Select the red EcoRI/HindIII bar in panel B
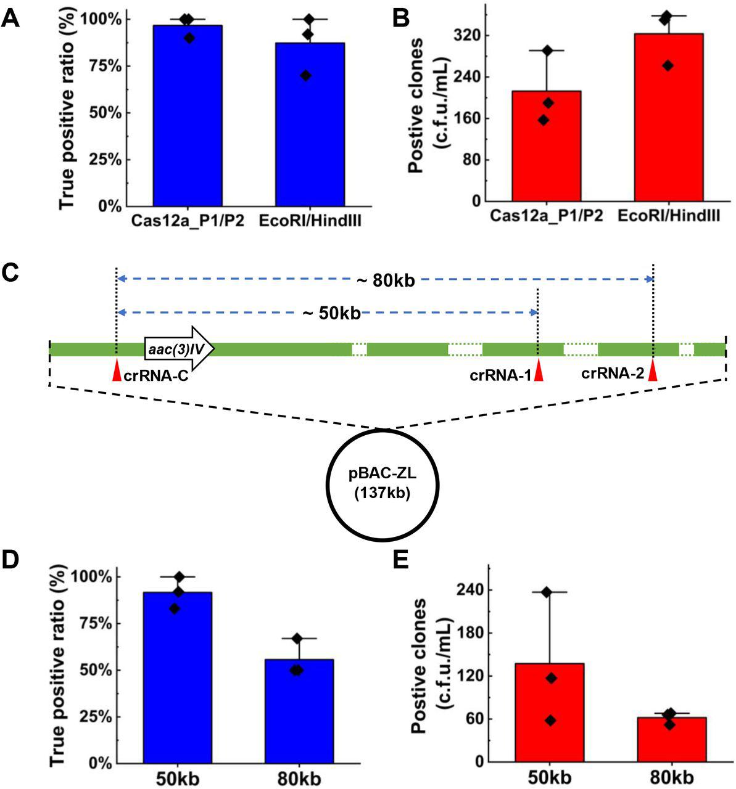[x=668, y=117]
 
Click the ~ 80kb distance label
[x=386, y=280]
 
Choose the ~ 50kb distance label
[x=331, y=313]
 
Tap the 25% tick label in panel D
[x=93, y=717]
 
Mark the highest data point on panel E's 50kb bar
[x=546, y=592]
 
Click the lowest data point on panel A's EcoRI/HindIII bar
[x=305, y=75]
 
